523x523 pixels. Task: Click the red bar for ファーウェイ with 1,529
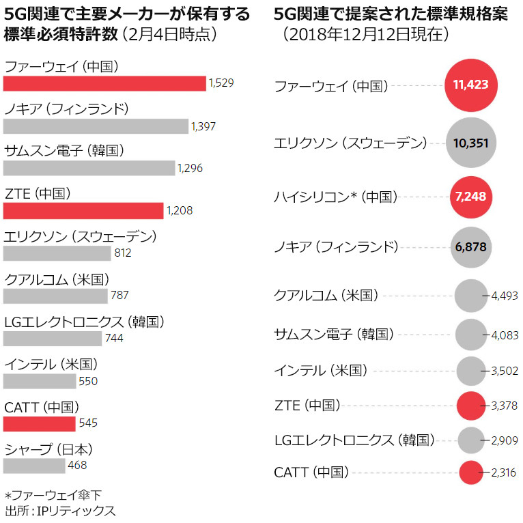pos(104,83)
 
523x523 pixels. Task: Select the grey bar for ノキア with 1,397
pos(96,126)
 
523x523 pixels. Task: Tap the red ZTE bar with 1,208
pos(83,211)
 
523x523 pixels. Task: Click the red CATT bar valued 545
pos(39,423)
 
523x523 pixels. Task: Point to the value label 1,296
pos(190,168)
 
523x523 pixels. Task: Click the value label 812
pos(123,253)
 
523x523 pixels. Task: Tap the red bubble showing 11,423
pos(471,85)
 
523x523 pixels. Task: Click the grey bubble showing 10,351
pos(471,142)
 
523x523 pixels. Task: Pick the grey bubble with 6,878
pos(471,246)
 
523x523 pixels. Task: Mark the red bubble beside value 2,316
pos(471,472)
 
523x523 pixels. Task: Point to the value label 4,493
pos(505,296)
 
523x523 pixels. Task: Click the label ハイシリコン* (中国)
pos(335,197)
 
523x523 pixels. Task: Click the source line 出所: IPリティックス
pos(60,510)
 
